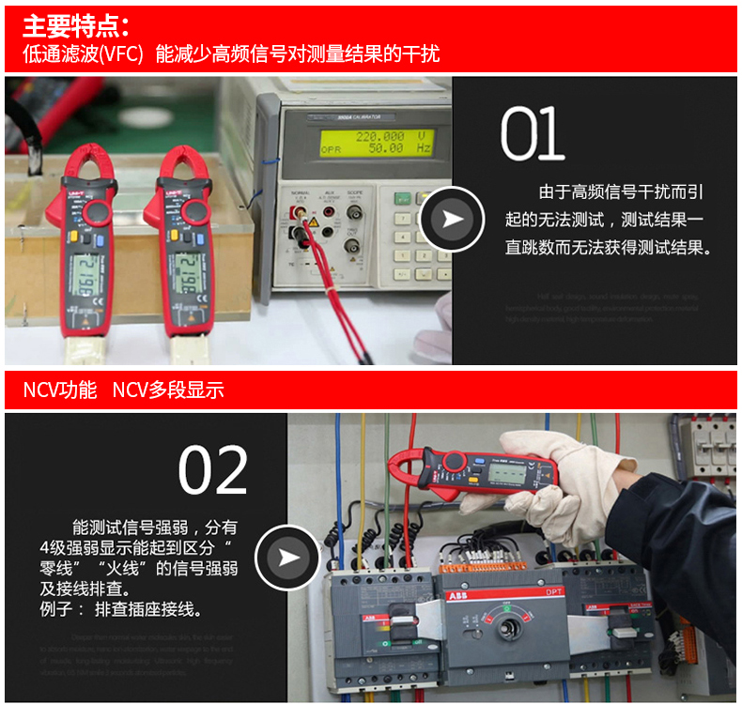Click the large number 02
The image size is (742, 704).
[213, 470]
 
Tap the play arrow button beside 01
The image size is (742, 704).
[452, 220]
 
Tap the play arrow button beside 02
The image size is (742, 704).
[288, 558]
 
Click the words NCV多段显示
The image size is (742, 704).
[168, 390]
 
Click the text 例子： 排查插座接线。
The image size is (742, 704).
[121, 610]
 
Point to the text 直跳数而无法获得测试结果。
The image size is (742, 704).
[609, 248]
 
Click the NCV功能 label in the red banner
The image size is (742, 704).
[59, 390]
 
